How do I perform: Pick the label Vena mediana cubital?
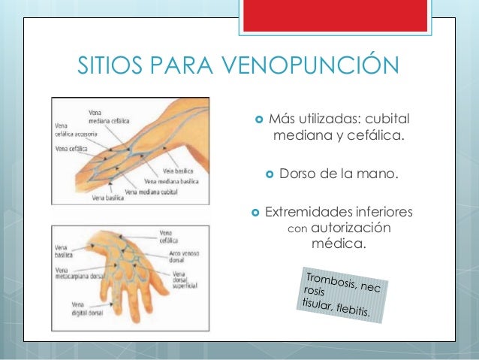[x=158, y=191]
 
